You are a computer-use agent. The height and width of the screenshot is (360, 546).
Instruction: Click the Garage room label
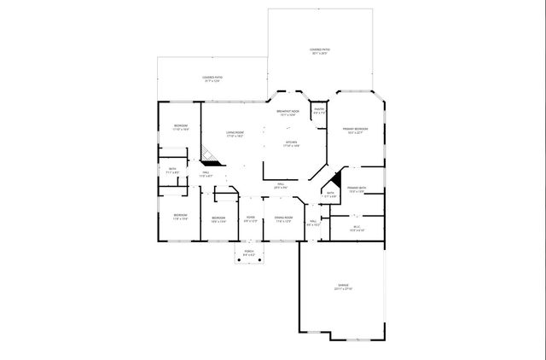(342, 287)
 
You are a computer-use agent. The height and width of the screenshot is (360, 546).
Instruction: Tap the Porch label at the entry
(249, 253)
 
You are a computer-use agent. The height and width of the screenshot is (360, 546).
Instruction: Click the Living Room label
(235, 134)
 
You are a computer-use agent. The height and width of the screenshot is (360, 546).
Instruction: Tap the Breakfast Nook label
(288, 113)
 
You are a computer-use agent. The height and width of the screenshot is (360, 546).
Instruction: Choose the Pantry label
(319, 112)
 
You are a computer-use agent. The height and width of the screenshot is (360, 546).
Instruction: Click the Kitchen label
(291, 143)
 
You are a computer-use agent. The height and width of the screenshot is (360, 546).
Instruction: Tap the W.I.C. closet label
(357, 229)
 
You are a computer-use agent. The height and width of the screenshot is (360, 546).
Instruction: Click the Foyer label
(251, 219)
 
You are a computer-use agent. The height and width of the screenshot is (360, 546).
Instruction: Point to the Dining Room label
(283, 219)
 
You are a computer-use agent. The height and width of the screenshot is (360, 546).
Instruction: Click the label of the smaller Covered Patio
(212, 80)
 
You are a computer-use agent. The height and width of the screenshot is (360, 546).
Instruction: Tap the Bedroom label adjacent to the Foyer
(218, 219)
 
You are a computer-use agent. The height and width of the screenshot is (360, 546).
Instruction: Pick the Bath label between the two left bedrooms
(172, 171)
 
